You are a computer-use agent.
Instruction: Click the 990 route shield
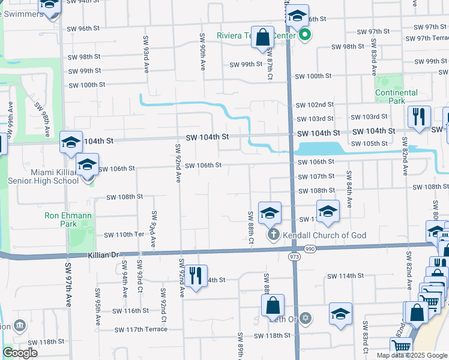pos(310,248)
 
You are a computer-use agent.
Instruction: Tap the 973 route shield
pos(293,257)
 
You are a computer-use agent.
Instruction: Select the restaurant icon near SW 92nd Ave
pos(196,276)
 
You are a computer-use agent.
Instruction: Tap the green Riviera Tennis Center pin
pos(305,35)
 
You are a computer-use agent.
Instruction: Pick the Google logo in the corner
pos(20,353)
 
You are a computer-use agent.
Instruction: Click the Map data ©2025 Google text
pos(412,355)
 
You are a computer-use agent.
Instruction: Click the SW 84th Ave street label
pos(348,187)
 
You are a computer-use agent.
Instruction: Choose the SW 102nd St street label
pos(314,104)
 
